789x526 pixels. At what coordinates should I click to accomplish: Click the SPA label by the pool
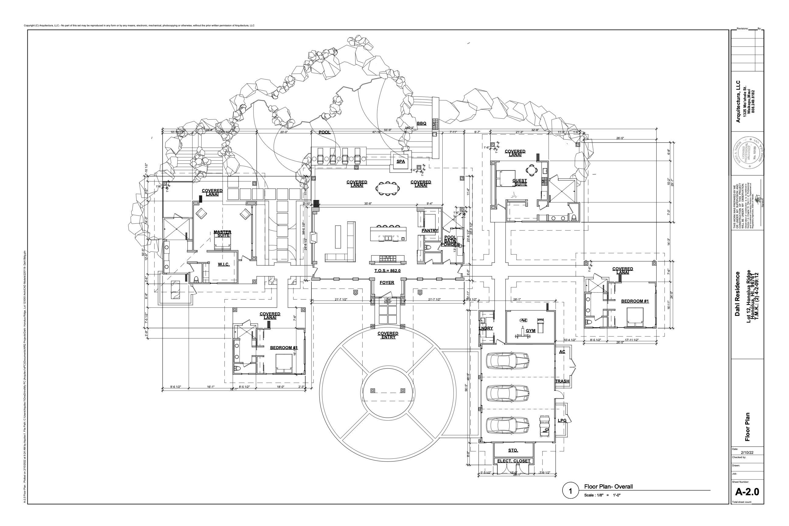pyautogui.click(x=401, y=161)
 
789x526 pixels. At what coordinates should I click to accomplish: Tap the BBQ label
pyautogui.click(x=421, y=124)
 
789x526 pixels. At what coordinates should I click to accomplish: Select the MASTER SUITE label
pyautogui.click(x=223, y=234)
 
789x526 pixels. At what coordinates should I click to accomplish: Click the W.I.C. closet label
pyautogui.click(x=224, y=264)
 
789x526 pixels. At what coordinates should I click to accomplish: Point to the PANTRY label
pyautogui.click(x=430, y=230)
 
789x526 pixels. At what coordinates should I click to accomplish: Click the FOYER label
pyautogui.click(x=387, y=283)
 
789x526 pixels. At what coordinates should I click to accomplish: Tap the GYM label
pyautogui.click(x=530, y=331)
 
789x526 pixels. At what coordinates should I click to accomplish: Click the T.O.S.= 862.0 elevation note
pyautogui.click(x=387, y=271)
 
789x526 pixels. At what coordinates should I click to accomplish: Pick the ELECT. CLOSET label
pyautogui.click(x=514, y=461)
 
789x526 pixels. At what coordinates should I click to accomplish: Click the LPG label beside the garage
pyautogui.click(x=562, y=421)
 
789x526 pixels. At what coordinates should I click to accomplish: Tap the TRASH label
pyautogui.click(x=562, y=381)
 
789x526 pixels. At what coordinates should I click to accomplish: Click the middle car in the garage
pyautogui.click(x=507, y=393)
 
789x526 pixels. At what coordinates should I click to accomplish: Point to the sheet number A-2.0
pyautogui.click(x=747, y=492)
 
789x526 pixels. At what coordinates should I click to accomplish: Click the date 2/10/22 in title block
pyautogui.click(x=747, y=453)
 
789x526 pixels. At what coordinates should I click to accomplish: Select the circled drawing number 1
pyautogui.click(x=570, y=492)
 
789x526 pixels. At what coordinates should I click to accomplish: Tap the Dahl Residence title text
pyautogui.click(x=737, y=294)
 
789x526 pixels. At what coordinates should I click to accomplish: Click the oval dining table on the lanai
pyautogui.click(x=388, y=188)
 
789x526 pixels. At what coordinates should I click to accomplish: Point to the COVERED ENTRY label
pyautogui.click(x=388, y=335)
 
